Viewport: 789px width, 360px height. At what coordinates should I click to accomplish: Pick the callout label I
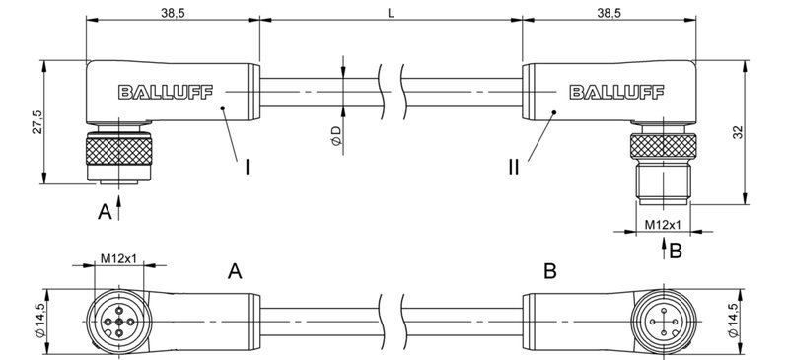(246, 168)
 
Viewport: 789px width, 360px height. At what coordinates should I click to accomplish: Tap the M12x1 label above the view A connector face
(118, 259)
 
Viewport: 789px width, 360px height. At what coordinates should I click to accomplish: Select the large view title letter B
(550, 269)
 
